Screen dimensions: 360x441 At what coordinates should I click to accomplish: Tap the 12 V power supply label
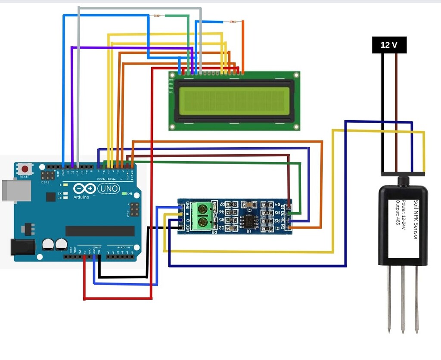tap(389, 45)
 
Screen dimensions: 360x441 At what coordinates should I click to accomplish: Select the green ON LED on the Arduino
tap(124, 194)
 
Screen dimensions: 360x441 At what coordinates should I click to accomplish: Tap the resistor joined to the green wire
tap(157, 16)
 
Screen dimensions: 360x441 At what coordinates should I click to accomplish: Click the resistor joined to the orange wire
tap(233, 21)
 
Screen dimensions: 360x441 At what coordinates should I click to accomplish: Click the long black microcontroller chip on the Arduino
tap(100, 231)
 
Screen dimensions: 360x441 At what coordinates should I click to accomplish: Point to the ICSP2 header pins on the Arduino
tap(47, 175)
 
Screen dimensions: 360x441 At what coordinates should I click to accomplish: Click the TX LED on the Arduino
tap(65, 193)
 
